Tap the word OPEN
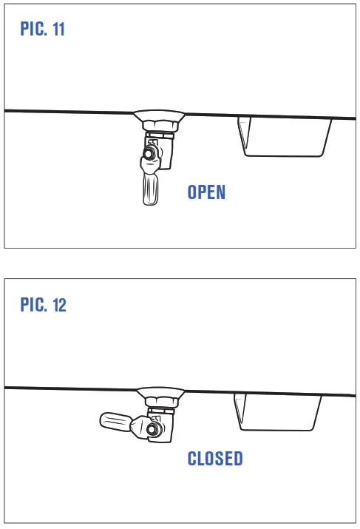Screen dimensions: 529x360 tap(206, 192)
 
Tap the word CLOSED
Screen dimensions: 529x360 tap(215, 459)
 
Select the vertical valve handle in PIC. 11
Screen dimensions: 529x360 tap(148, 185)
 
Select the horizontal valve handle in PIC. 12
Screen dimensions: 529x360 tap(118, 422)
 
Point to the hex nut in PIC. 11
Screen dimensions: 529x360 tap(158, 121)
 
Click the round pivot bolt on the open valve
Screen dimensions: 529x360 tap(152, 155)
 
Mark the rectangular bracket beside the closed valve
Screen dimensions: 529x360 tap(279, 411)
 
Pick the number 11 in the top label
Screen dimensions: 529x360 tap(60, 30)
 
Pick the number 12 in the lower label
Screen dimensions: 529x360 tap(59, 305)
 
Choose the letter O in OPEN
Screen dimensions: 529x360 tap(194, 192)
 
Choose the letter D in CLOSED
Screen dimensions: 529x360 tap(237, 459)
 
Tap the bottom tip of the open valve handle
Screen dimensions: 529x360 tap(147, 202)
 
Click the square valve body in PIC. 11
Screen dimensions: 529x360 tap(160, 148)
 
